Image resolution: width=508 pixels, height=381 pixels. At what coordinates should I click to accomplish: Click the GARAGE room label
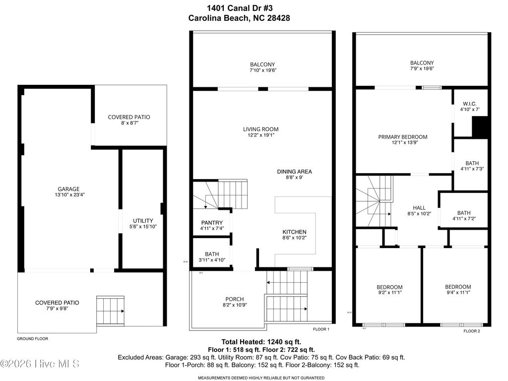[68, 189]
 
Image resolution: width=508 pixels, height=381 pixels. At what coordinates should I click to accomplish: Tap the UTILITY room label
[143, 221]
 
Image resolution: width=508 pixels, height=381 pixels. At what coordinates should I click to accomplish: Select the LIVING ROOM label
[260, 129]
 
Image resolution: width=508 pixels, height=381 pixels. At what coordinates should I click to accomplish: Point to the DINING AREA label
[294, 172]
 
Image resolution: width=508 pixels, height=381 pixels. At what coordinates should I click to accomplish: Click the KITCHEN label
[294, 232]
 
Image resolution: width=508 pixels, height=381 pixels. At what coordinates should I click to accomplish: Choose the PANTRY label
[212, 223]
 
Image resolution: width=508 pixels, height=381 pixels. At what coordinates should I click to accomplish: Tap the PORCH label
[234, 299]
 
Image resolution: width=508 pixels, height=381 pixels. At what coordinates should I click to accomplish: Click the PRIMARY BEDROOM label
[402, 137]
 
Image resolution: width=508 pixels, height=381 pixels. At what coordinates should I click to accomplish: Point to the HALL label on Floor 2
[419, 208]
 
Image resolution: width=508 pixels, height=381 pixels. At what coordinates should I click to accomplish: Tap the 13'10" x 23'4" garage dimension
[68, 195]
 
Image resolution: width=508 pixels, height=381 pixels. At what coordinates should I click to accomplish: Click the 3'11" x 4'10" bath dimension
[212, 260]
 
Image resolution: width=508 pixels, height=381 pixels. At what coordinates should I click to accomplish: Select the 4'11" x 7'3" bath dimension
[471, 169]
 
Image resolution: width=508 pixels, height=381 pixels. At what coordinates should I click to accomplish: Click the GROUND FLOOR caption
[33, 339]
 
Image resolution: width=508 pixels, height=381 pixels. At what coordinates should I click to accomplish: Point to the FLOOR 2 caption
[471, 331]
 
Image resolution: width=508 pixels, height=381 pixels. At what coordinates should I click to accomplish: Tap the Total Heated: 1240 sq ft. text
[261, 342]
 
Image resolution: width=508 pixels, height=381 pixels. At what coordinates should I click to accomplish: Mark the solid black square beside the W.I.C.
[480, 128]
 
